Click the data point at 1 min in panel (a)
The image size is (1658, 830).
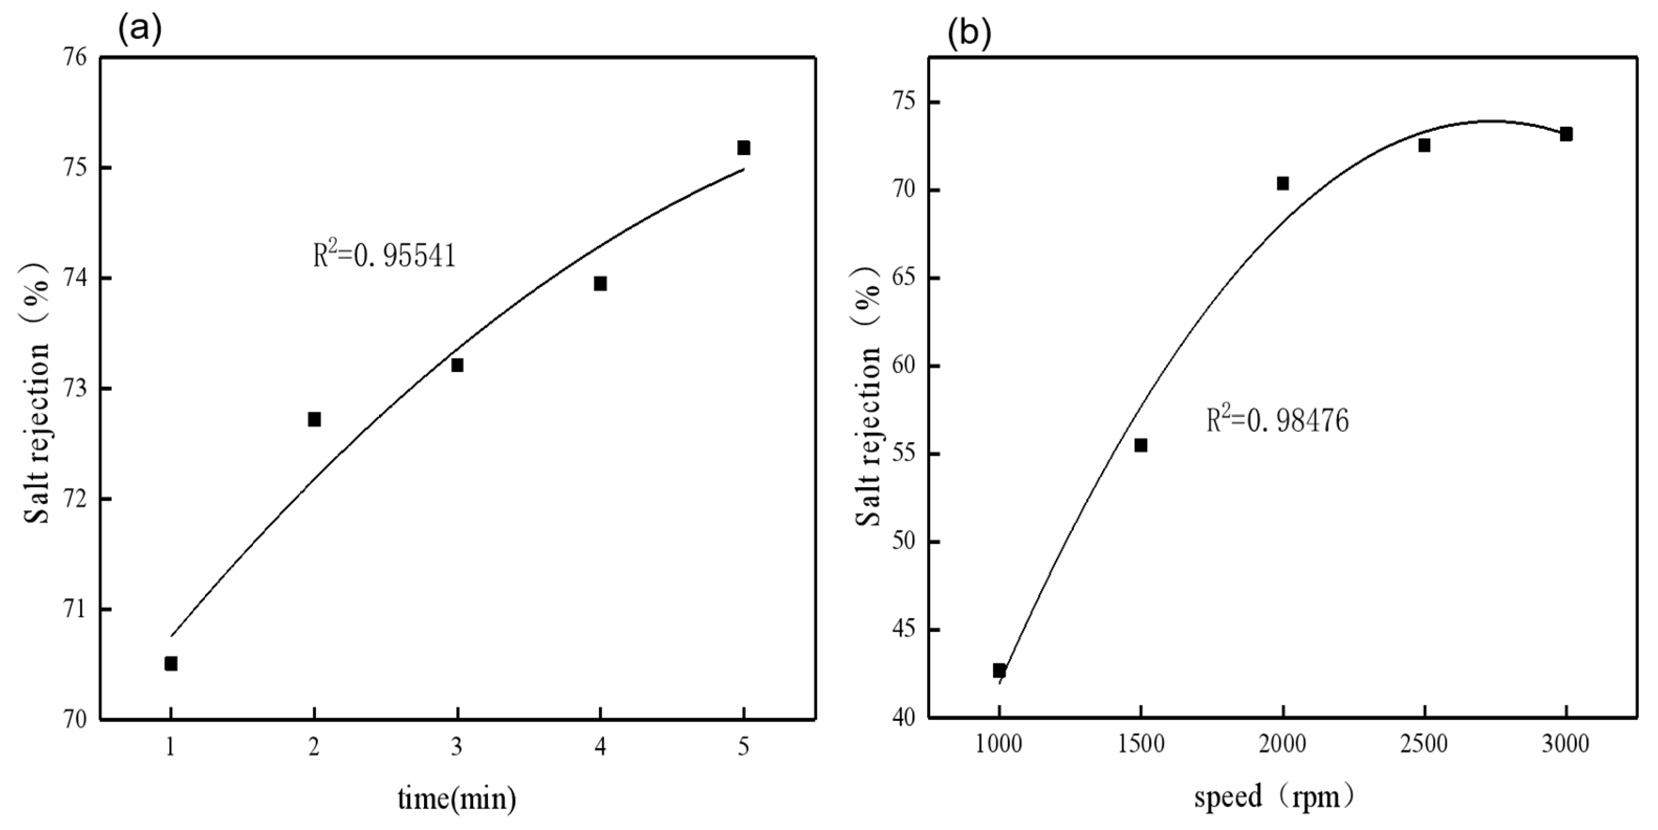click(170, 663)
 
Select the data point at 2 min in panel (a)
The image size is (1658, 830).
click(314, 420)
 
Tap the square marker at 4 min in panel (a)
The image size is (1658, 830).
click(600, 284)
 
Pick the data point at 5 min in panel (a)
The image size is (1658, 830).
click(744, 148)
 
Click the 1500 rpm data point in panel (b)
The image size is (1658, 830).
click(1140, 445)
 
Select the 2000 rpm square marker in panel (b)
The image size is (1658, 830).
click(1282, 183)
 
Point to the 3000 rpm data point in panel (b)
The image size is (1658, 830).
click(1566, 134)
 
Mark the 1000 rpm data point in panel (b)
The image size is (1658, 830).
click(999, 670)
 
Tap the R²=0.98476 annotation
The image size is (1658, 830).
click(1277, 421)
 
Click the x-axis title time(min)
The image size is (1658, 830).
click(456, 799)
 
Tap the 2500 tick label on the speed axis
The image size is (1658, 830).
click(1424, 745)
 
